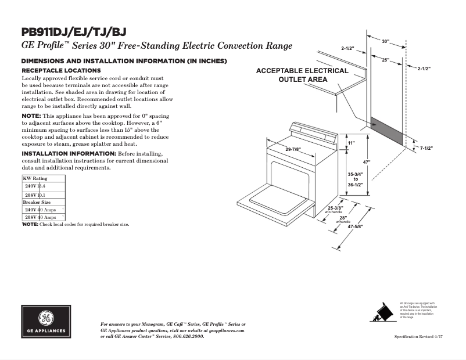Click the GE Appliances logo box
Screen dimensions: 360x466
click(46, 322)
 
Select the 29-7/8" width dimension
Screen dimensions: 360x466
click(293, 150)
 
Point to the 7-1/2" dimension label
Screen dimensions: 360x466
click(428, 149)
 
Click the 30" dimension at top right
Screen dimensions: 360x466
click(386, 42)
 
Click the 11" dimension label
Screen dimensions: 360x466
click(352, 142)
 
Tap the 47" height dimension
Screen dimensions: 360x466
click(367, 161)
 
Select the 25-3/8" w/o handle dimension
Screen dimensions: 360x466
click(335, 208)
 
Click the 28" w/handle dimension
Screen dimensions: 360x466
click(343, 218)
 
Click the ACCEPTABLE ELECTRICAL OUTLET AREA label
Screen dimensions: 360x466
click(302, 75)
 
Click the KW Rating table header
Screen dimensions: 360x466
click(35, 178)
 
